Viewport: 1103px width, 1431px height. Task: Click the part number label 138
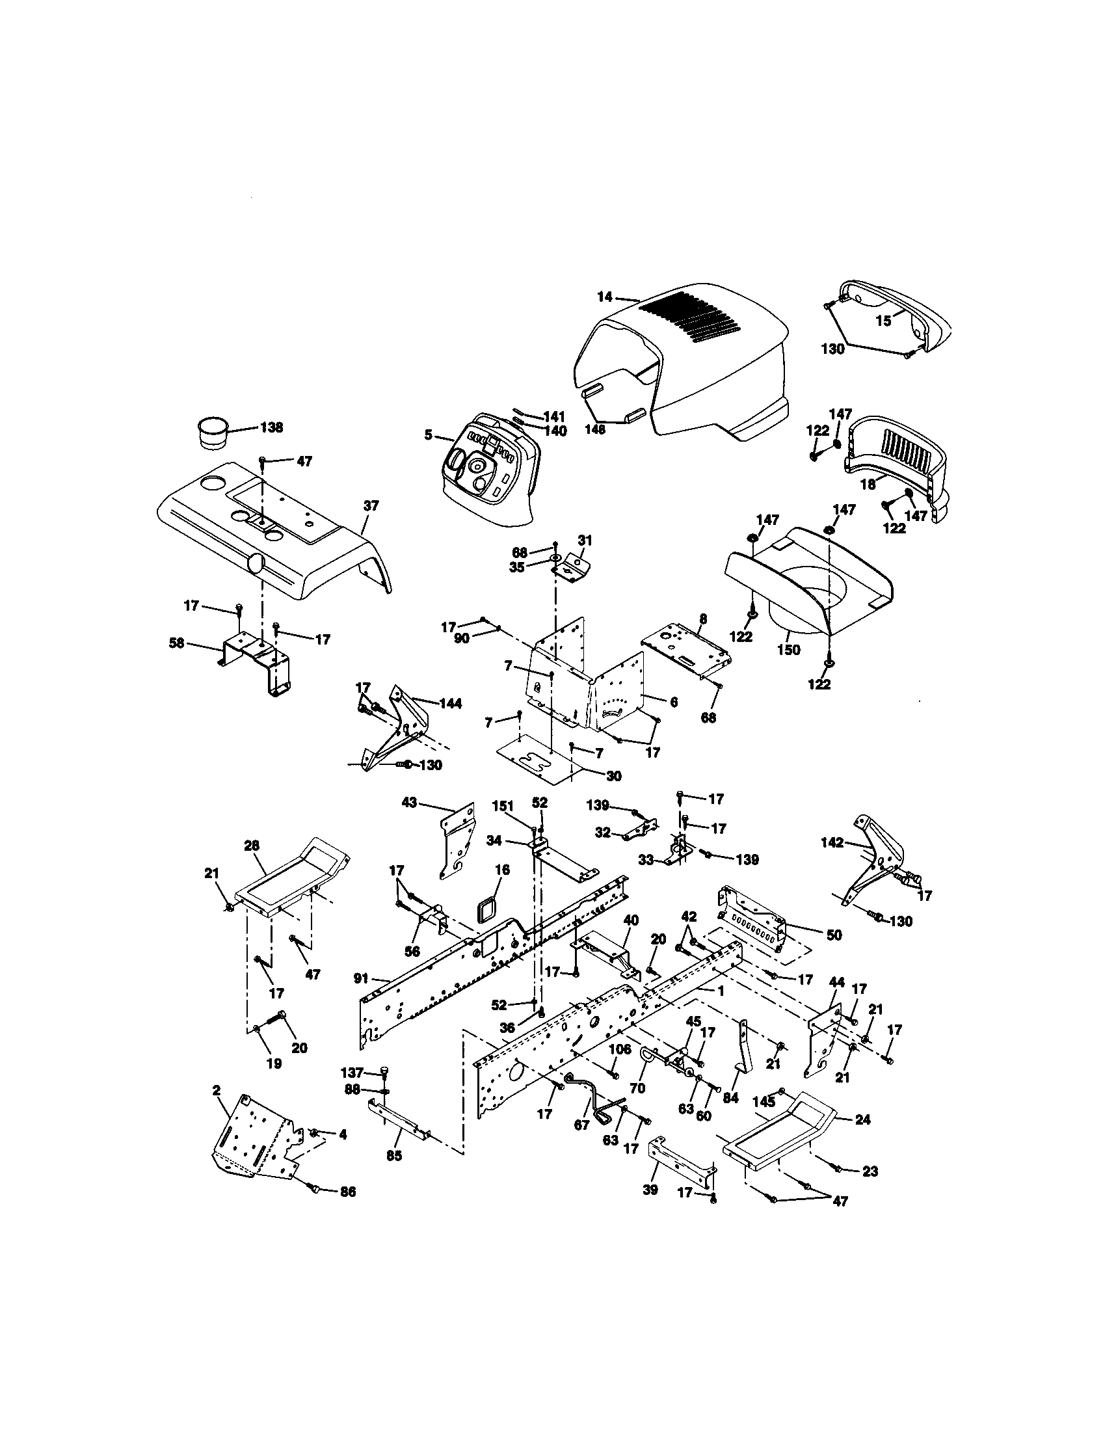coord(271,428)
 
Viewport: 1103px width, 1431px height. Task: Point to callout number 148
coord(595,430)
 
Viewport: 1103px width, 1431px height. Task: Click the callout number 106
coord(620,1049)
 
